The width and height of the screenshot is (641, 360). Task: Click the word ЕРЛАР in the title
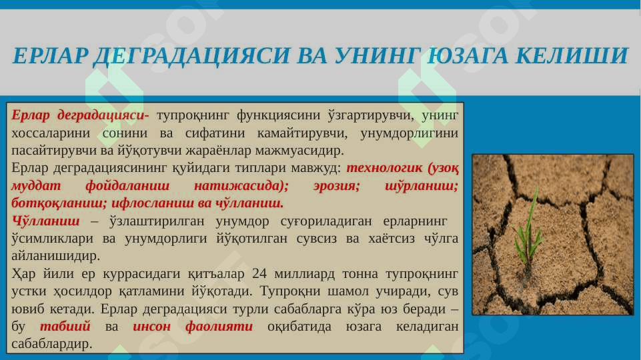point(50,55)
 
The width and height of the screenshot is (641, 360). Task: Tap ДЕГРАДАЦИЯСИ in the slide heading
point(191,56)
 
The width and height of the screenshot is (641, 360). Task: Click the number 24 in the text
point(259,273)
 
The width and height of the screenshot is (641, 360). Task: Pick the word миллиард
point(305,274)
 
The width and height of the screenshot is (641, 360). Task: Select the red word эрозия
point(336,186)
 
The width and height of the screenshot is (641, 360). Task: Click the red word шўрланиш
point(422,186)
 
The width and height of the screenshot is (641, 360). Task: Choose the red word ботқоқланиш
point(59,203)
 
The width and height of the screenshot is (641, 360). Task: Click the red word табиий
point(65,326)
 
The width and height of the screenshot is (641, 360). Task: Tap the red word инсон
point(151,327)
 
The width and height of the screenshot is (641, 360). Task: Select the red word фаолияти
point(219,327)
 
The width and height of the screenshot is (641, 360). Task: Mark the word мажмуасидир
point(299,151)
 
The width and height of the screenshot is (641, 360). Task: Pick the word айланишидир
point(55,256)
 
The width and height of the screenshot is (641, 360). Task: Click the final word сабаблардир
point(52,344)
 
